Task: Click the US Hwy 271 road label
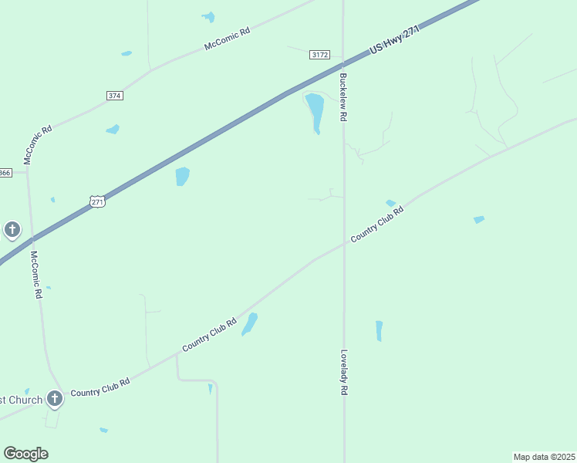[x=393, y=40]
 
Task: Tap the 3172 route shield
[x=320, y=55]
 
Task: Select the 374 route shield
[x=115, y=95]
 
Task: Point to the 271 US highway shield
[x=97, y=201]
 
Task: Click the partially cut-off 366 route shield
[x=5, y=173]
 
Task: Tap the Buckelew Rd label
[x=344, y=96]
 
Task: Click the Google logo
[x=25, y=454]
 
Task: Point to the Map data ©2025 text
[x=544, y=457]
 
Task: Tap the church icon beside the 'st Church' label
[x=54, y=398]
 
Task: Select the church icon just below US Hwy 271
[x=12, y=229]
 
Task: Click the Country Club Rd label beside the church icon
[x=100, y=387]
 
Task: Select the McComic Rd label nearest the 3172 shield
[x=228, y=39]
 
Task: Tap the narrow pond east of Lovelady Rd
[x=379, y=330]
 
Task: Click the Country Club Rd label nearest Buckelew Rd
[x=377, y=225]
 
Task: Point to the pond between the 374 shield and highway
[x=113, y=129]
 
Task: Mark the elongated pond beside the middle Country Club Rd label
[x=249, y=324]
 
